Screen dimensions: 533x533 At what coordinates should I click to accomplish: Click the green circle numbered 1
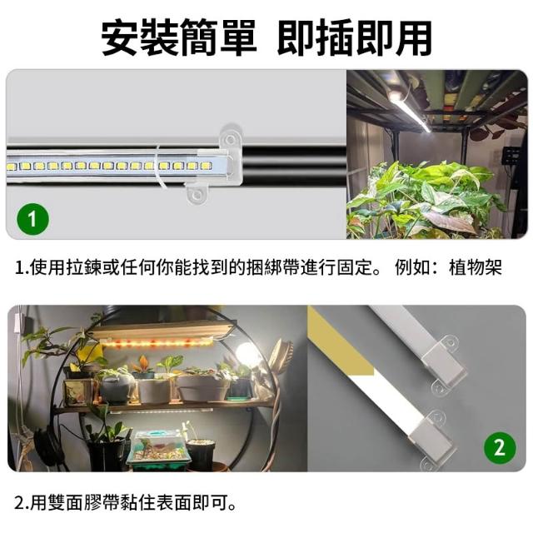(32, 219)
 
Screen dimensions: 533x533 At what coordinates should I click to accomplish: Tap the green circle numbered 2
(500, 448)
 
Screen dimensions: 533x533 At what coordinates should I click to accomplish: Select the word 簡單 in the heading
(218, 37)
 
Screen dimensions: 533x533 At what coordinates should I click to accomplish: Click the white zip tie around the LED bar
(158, 166)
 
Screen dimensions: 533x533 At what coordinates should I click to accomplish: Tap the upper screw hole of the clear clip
(231, 139)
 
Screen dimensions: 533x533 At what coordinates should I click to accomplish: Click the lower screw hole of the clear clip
(197, 195)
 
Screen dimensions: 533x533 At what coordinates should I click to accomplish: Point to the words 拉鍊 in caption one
(83, 267)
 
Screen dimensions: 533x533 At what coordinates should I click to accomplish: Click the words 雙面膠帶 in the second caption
(83, 503)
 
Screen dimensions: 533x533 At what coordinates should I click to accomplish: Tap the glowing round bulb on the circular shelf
(247, 353)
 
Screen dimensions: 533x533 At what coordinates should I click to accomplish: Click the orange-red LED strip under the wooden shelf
(157, 342)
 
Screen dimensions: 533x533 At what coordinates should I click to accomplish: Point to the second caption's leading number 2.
(20, 503)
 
